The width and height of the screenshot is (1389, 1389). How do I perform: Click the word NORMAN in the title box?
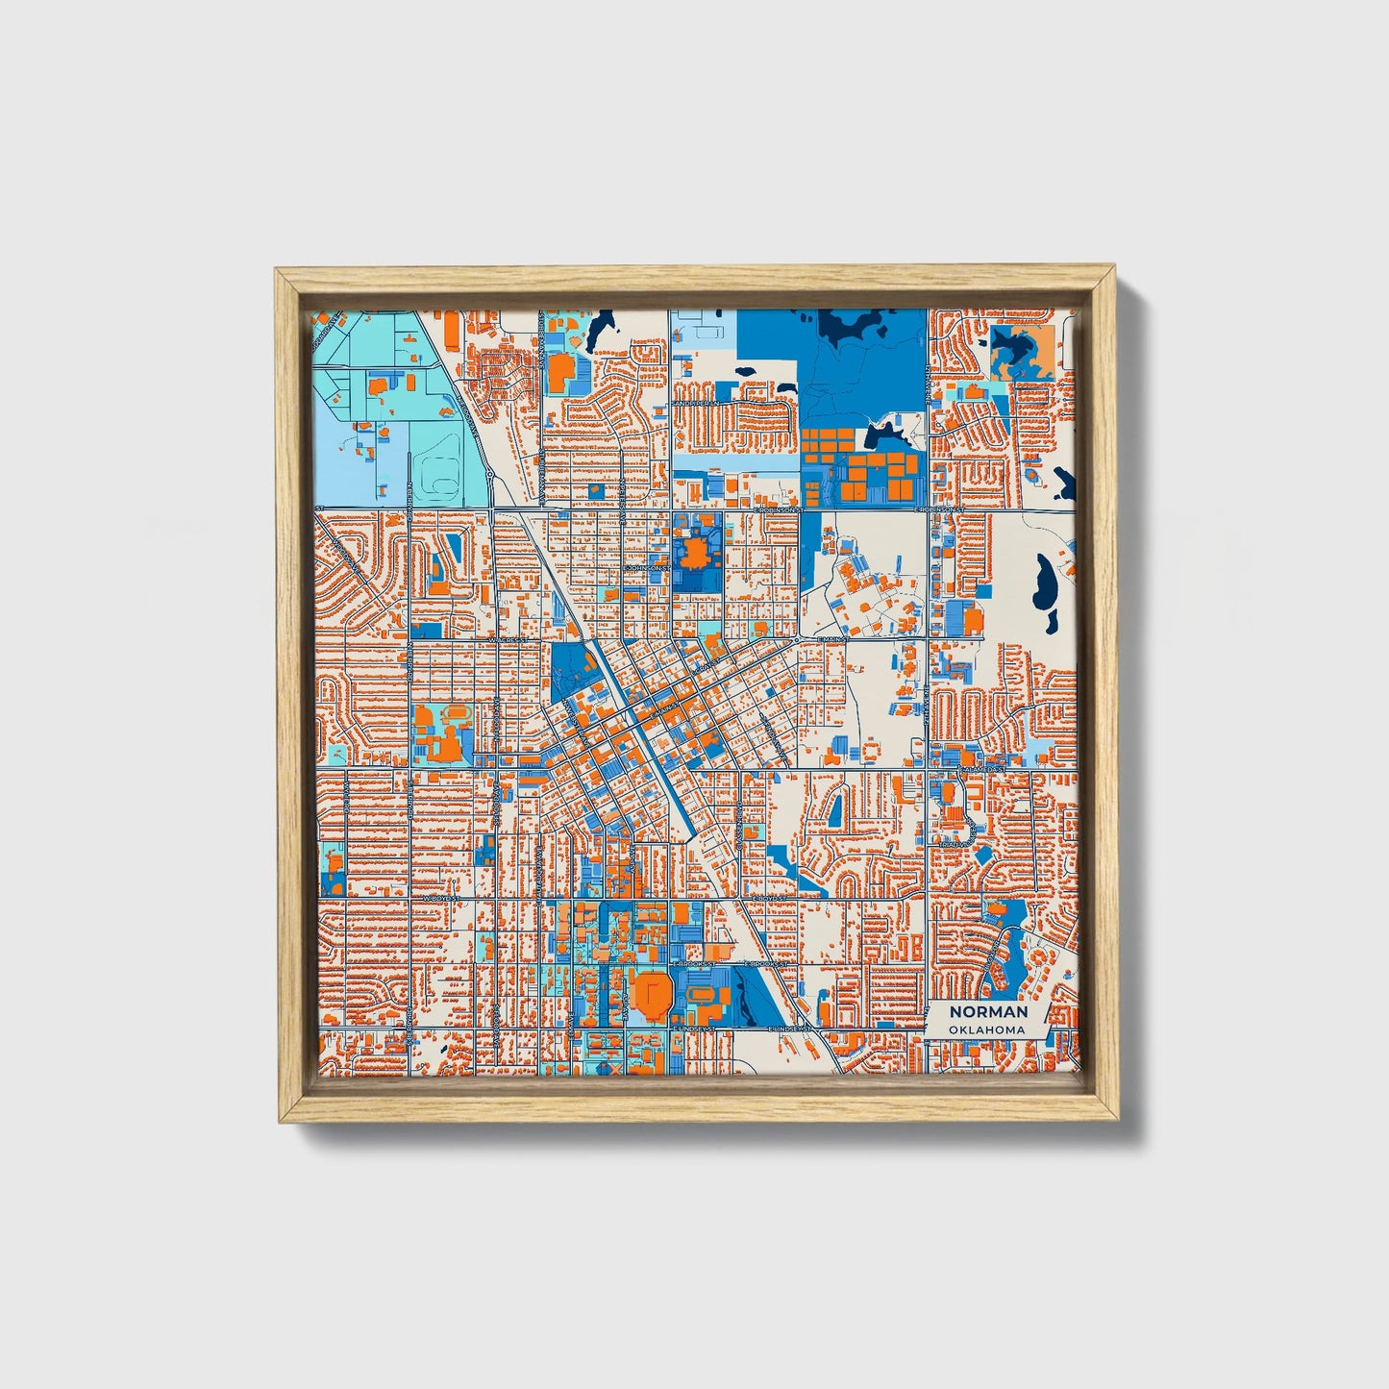(988, 1012)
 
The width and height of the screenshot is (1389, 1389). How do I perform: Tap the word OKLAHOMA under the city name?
(985, 1029)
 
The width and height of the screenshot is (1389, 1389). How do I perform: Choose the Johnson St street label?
(645, 567)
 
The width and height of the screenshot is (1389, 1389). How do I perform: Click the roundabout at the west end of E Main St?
(798, 638)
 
